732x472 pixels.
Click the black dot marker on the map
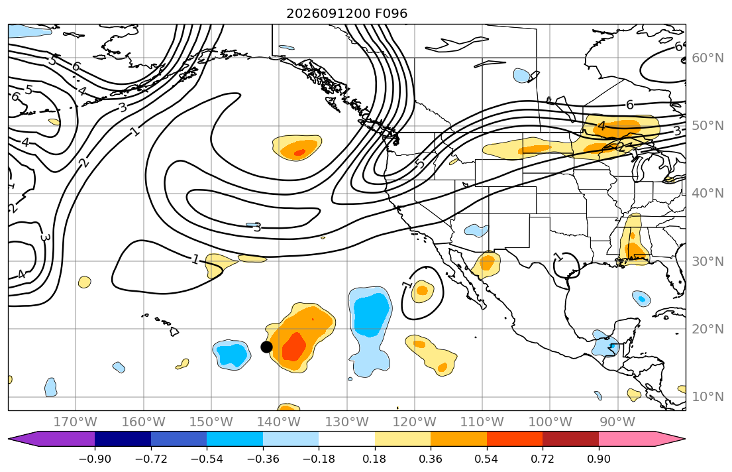pos(266,347)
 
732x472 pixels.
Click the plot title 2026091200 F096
pos(347,13)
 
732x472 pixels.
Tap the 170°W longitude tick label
pos(75,422)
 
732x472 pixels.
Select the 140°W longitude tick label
pos(279,422)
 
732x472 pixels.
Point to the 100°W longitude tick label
pos(550,422)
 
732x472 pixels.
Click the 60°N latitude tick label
pos(707,58)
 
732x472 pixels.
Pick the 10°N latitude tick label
pos(707,397)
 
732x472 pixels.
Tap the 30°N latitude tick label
pos(707,261)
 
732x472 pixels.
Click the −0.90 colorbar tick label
pos(95,459)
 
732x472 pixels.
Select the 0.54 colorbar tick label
pos(486,459)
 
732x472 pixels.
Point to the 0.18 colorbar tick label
pos(374,459)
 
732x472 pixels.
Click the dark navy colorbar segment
pos(123,439)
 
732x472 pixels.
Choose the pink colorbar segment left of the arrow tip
pos(627,439)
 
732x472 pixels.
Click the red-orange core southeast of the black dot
pos(293,346)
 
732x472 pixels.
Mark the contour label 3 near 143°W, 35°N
pos(257,227)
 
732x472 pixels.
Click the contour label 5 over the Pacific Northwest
pos(420,164)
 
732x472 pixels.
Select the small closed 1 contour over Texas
pos(566,265)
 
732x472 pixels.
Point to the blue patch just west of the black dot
pos(232,355)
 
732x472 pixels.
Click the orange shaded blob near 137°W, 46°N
pos(297,148)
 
